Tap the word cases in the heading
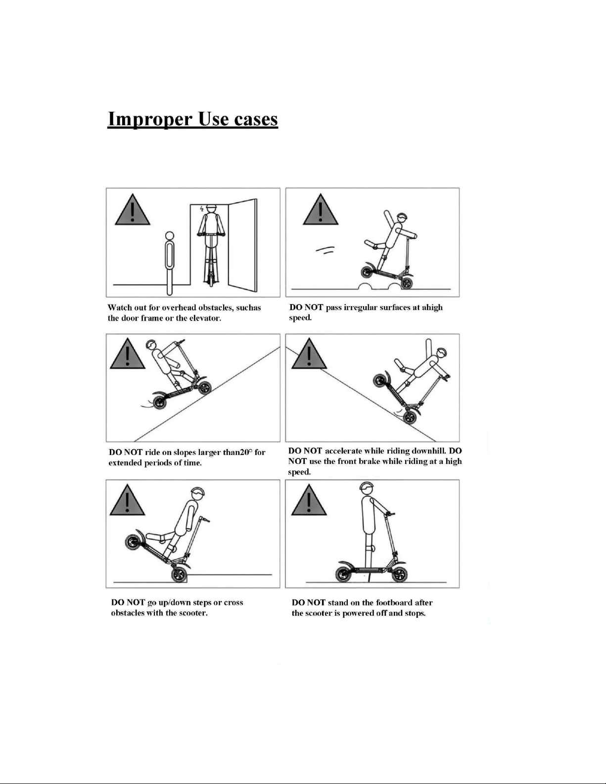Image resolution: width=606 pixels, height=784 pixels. click(x=256, y=119)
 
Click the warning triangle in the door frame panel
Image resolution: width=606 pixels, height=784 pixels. click(x=133, y=210)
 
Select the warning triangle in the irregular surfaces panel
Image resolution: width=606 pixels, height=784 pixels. click(x=321, y=210)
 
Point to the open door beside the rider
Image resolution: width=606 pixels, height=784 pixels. click(x=242, y=245)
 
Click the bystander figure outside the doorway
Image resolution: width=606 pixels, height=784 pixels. click(x=170, y=263)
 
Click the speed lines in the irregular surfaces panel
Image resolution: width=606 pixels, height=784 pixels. click(x=326, y=250)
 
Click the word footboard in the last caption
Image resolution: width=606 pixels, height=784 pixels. click(x=394, y=603)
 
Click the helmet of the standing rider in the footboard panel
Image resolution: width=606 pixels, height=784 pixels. click(x=367, y=487)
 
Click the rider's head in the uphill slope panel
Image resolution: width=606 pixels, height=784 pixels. click(x=151, y=345)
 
